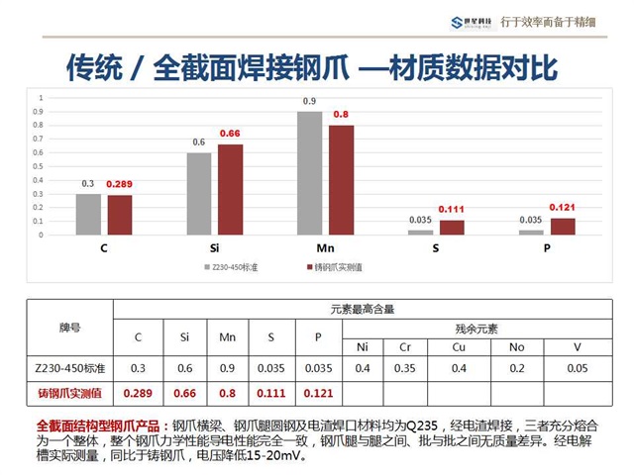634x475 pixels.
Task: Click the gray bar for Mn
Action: click(x=310, y=173)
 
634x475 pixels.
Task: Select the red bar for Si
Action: click(x=230, y=189)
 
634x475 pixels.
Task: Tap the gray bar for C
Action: click(x=88, y=214)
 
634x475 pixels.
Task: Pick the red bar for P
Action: click(x=563, y=226)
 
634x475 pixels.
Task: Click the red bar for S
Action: click(x=452, y=227)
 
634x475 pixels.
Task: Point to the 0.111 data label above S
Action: click(x=453, y=210)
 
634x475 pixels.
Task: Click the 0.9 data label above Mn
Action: click(x=310, y=102)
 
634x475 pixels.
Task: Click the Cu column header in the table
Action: click(x=460, y=347)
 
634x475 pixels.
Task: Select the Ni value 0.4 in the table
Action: click(x=363, y=369)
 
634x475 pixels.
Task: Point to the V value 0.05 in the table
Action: click(x=577, y=369)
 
